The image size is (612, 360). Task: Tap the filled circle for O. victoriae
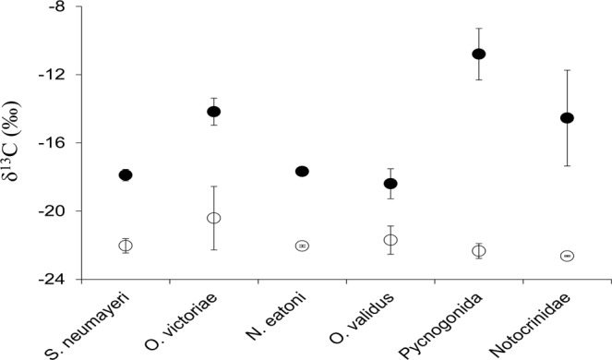pyautogui.click(x=214, y=112)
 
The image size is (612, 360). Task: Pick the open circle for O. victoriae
pyautogui.click(x=214, y=218)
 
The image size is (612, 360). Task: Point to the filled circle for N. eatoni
pyautogui.click(x=302, y=171)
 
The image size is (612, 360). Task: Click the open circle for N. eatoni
pyautogui.click(x=302, y=246)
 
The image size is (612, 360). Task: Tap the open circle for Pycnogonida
pyautogui.click(x=478, y=251)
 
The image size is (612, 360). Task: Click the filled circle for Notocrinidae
pyautogui.click(x=567, y=117)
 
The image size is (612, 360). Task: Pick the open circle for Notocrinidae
pyautogui.click(x=567, y=256)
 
